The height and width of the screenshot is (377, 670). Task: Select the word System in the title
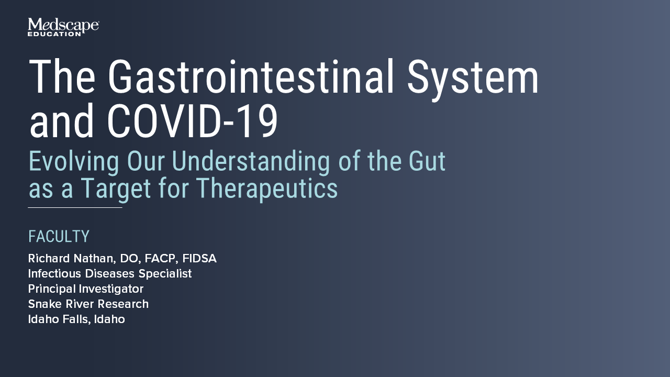pyautogui.click(x=473, y=77)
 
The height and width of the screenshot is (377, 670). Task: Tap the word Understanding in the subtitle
pyautogui.click(x=251, y=162)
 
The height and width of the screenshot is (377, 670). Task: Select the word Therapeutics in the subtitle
pyautogui.click(x=267, y=189)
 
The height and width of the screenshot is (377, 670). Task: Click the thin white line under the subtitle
pyautogui.click(x=75, y=208)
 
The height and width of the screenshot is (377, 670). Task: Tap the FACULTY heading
pyautogui.click(x=59, y=237)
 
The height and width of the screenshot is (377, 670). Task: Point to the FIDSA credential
pyautogui.click(x=199, y=259)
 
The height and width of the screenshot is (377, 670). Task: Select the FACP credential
pyautogui.click(x=161, y=259)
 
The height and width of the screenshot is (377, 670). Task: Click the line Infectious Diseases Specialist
pyautogui.click(x=110, y=274)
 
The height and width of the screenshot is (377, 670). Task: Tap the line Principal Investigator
pyautogui.click(x=86, y=289)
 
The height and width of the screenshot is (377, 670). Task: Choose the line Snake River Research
pyautogui.click(x=88, y=304)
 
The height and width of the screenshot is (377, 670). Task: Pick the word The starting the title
pyautogui.click(x=62, y=77)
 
